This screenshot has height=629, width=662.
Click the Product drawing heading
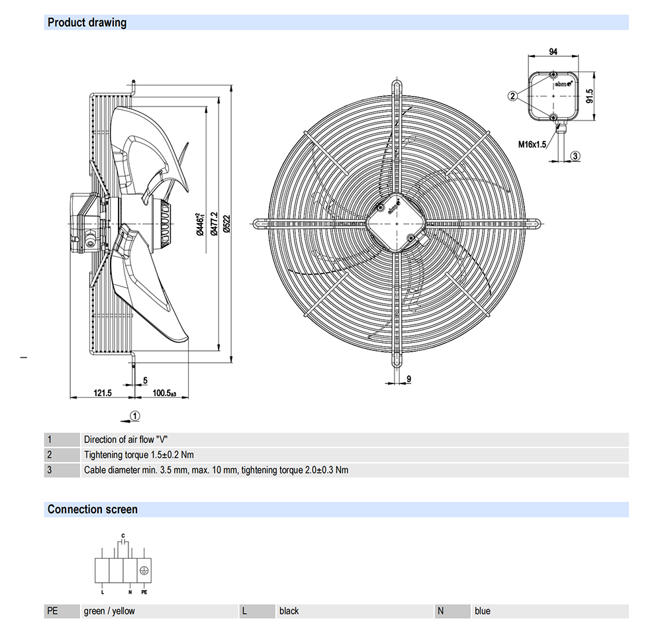point(87,23)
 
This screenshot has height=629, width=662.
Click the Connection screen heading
point(93,509)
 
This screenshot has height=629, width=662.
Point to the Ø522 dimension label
point(226,224)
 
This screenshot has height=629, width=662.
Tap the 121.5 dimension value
point(103,393)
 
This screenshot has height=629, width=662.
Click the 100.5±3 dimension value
point(164,393)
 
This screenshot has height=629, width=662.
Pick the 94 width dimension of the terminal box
point(553,51)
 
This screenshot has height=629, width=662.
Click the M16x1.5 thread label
point(532,144)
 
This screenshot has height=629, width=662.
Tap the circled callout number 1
point(135,416)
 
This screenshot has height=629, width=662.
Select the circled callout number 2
point(512,96)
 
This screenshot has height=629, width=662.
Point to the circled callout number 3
point(575,156)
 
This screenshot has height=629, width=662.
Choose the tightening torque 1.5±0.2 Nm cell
point(139,455)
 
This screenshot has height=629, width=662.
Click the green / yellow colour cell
point(109,611)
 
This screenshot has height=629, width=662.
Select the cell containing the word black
point(289,611)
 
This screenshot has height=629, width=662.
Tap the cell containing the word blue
point(483,611)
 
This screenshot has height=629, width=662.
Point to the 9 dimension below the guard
point(409,379)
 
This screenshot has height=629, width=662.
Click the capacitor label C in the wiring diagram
point(122,534)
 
